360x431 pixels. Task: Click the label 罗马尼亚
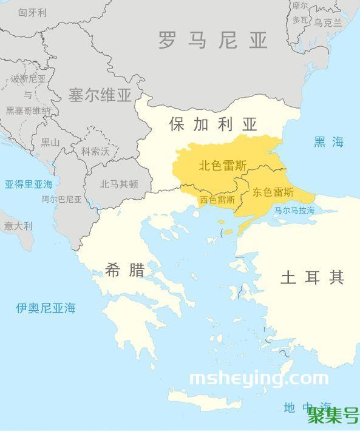[x=212, y=41]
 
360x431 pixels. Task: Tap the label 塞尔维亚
[x=100, y=95]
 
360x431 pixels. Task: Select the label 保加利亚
[x=213, y=124]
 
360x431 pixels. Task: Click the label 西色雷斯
[x=217, y=200]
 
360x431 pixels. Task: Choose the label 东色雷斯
[x=273, y=192]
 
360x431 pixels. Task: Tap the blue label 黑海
[x=328, y=142]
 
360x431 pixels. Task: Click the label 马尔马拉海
[x=294, y=210]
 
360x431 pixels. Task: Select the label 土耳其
[x=312, y=277]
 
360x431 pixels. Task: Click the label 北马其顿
[x=119, y=184]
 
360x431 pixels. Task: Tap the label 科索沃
[x=92, y=151]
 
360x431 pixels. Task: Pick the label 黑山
[x=50, y=142]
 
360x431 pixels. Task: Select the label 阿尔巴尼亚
[x=61, y=199]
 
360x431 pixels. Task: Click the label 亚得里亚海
[x=29, y=184]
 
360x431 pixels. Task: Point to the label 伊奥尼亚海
[x=46, y=308]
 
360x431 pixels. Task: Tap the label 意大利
[x=18, y=226]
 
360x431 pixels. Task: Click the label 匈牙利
[x=32, y=12]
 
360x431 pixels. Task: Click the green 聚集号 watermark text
[x=333, y=416]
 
